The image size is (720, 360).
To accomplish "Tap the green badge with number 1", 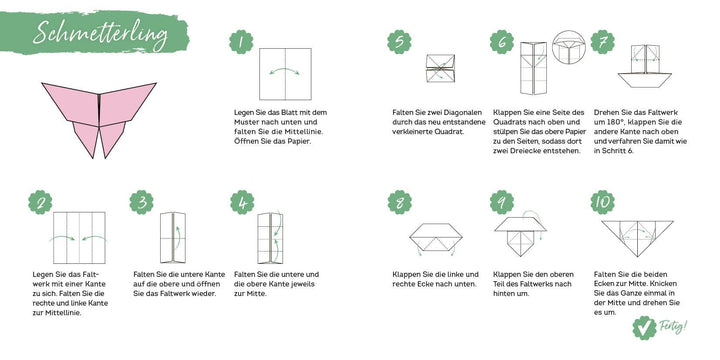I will [239, 42].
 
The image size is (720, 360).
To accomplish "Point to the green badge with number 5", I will [400, 42].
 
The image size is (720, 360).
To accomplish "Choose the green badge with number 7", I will [601, 42].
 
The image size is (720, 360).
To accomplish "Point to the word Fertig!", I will [675, 327].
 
